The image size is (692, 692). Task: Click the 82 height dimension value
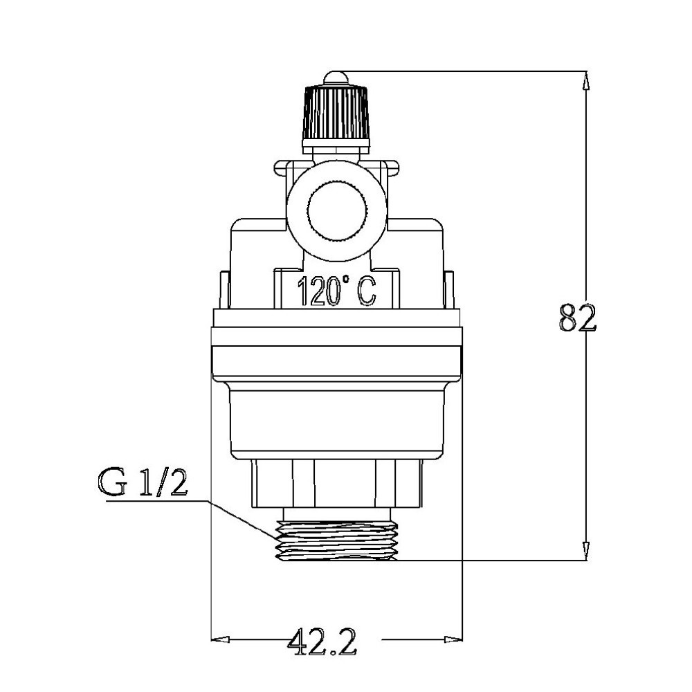(x=577, y=318)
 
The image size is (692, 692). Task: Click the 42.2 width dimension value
(x=322, y=642)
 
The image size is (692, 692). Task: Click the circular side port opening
(x=335, y=211)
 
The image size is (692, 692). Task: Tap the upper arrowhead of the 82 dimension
(x=586, y=80)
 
